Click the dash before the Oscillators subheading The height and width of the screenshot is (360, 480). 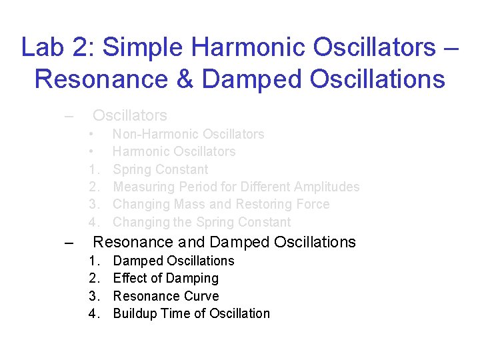[68, 116]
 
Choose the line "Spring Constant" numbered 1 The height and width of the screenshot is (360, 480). [161, 169]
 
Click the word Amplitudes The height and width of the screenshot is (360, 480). [326, 187]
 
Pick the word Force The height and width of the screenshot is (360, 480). [310, 204]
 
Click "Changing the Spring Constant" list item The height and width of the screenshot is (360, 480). [202, 222]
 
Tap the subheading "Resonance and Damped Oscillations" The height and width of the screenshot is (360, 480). [224, 242]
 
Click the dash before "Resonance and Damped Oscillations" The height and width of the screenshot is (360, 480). [68, 243]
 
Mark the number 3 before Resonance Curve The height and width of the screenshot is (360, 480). [93, 296]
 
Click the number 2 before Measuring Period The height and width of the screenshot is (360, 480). [93, 187]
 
